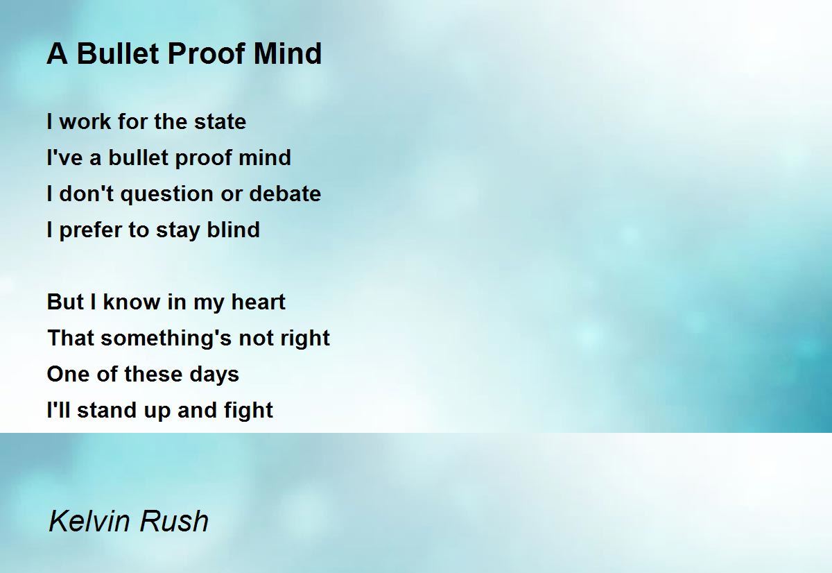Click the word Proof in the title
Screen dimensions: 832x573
tap(207, 53)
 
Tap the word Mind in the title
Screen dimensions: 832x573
tap(288, 53)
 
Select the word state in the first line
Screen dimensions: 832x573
tap(220, 121)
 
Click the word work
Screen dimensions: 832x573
tap(85, 121)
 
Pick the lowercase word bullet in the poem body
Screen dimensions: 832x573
tap(139, 157)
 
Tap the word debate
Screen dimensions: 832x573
tap(285, 194)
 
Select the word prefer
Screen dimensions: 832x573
tap(90, 230)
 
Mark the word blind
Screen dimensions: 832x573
tap(233, 230)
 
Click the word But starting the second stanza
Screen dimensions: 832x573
tap(65, 302)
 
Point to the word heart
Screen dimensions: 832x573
tap(258, 302)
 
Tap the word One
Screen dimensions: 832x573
tap(69, 374)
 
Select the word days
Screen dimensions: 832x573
tap(214, 375)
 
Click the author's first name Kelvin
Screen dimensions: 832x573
tap(89, 521)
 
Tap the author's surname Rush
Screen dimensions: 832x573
tap(174, 521)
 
